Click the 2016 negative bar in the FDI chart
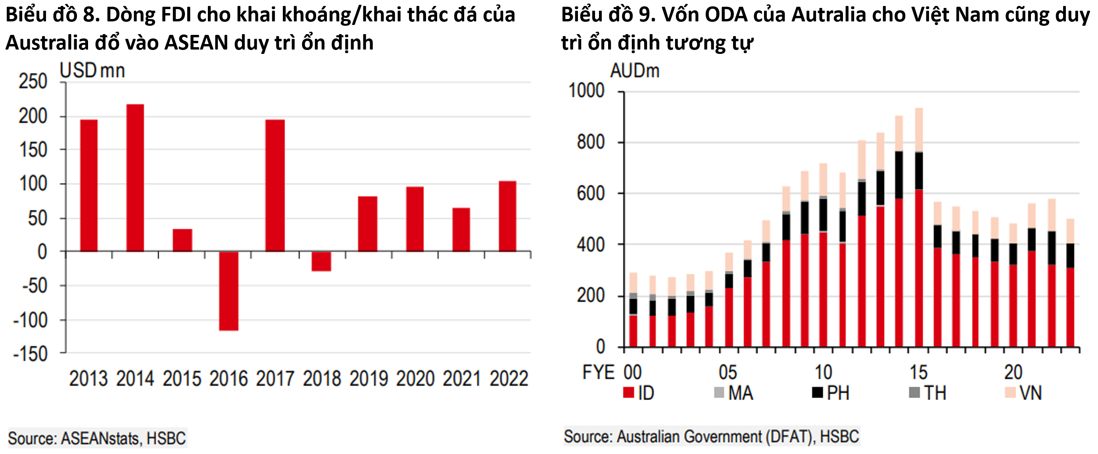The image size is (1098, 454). tap(229, 291)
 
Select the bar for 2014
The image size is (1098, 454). tap(135, 178)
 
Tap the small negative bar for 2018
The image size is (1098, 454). tap(321, 261)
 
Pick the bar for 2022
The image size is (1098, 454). tap(507, 216)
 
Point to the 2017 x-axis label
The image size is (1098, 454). tap(275, 379)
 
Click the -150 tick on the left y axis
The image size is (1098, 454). tap(31, 354)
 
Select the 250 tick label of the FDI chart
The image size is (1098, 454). tap(33, 81)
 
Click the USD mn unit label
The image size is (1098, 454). tap(92, 71)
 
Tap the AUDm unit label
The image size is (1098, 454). tap(634, 71)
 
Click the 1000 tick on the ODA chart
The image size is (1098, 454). tap(586, 91)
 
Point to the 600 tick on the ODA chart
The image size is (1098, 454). tap(590, 194)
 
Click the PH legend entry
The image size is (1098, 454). tap(831, 393)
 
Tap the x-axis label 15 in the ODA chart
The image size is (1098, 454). tap(918, 373)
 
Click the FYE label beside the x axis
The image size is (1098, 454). tap(599, 373)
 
